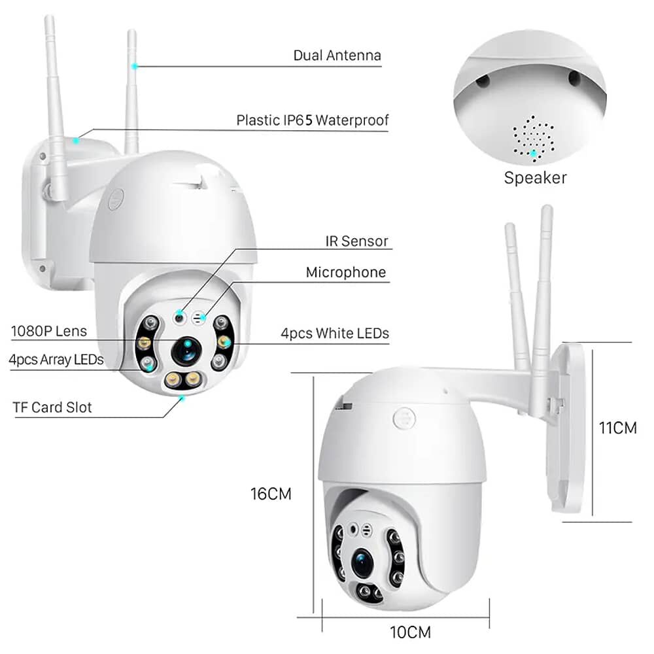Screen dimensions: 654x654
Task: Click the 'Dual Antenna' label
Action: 337,56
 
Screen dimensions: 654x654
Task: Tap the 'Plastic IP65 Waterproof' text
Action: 313,120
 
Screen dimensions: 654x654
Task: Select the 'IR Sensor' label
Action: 356,241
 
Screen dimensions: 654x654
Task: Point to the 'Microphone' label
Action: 346,272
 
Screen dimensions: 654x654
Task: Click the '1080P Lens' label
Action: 49,331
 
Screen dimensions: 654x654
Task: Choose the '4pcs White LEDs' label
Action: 335,334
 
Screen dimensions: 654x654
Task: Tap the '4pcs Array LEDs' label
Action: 56,359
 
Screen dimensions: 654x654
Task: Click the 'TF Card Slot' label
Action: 52,407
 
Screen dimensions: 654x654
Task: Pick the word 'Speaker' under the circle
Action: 535,177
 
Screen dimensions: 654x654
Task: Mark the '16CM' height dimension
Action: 271,494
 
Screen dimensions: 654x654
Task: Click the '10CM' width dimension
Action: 410,632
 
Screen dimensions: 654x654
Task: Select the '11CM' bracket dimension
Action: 618,428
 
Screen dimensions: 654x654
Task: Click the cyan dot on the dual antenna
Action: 135,66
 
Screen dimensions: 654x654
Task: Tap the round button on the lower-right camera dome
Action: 404,418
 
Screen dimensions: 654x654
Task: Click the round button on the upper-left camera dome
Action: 116,199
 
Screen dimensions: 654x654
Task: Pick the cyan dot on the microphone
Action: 203,318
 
